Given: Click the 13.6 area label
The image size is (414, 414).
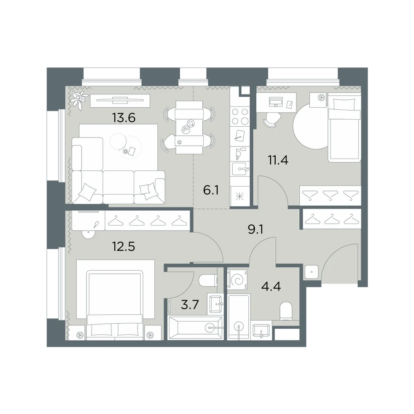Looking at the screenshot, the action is click(123, 118).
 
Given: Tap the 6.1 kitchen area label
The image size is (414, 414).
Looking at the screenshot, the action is click(211, 190).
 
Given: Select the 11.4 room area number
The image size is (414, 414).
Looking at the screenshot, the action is click(278, 160).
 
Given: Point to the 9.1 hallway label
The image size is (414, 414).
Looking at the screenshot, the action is click(255, 229).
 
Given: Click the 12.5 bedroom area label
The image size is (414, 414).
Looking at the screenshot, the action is click(123, 247).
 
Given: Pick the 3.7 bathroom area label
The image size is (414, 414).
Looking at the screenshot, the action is click(190, 305).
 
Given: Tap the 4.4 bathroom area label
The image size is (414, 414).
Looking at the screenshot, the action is click(271, 286).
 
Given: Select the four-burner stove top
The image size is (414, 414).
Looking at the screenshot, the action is click(240, 117).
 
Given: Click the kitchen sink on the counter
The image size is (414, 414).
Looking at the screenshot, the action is click(240, 169).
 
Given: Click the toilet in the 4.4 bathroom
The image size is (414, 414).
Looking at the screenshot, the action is click(286, 311).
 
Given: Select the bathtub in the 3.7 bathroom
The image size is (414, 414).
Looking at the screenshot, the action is click(195, 328).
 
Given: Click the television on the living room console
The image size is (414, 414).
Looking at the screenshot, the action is click(120, 100).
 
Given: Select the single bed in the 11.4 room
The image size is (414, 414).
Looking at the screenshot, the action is click(344, 127).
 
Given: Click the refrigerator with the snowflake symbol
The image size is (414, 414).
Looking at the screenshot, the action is click(240, 196).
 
